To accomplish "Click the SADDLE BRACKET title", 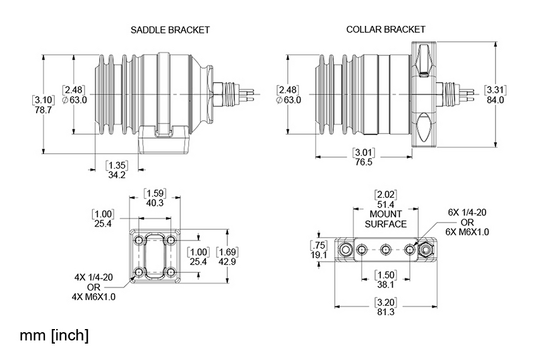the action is pyautogui.click(x=170, y=30).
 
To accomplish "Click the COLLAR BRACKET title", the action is pyautogui.click(x=386, y=30).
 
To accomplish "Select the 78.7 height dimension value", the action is pyautogui.click(x=44, y=110).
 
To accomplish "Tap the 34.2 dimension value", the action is pyautogui.click(x=117, y=175).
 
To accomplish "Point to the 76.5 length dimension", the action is pyautogui.click(x=364, y=162).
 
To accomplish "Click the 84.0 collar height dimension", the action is pyautogui.click(x=495, y=100).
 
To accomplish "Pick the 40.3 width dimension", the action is pyautogui.click(x=155, y=203).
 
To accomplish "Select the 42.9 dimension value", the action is pyautogui.click(x=227, y=261).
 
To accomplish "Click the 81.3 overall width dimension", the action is pyautogui.click(x=386, y=312).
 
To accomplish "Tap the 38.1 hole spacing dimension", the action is pyautogui.click(x=386, y=285).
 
